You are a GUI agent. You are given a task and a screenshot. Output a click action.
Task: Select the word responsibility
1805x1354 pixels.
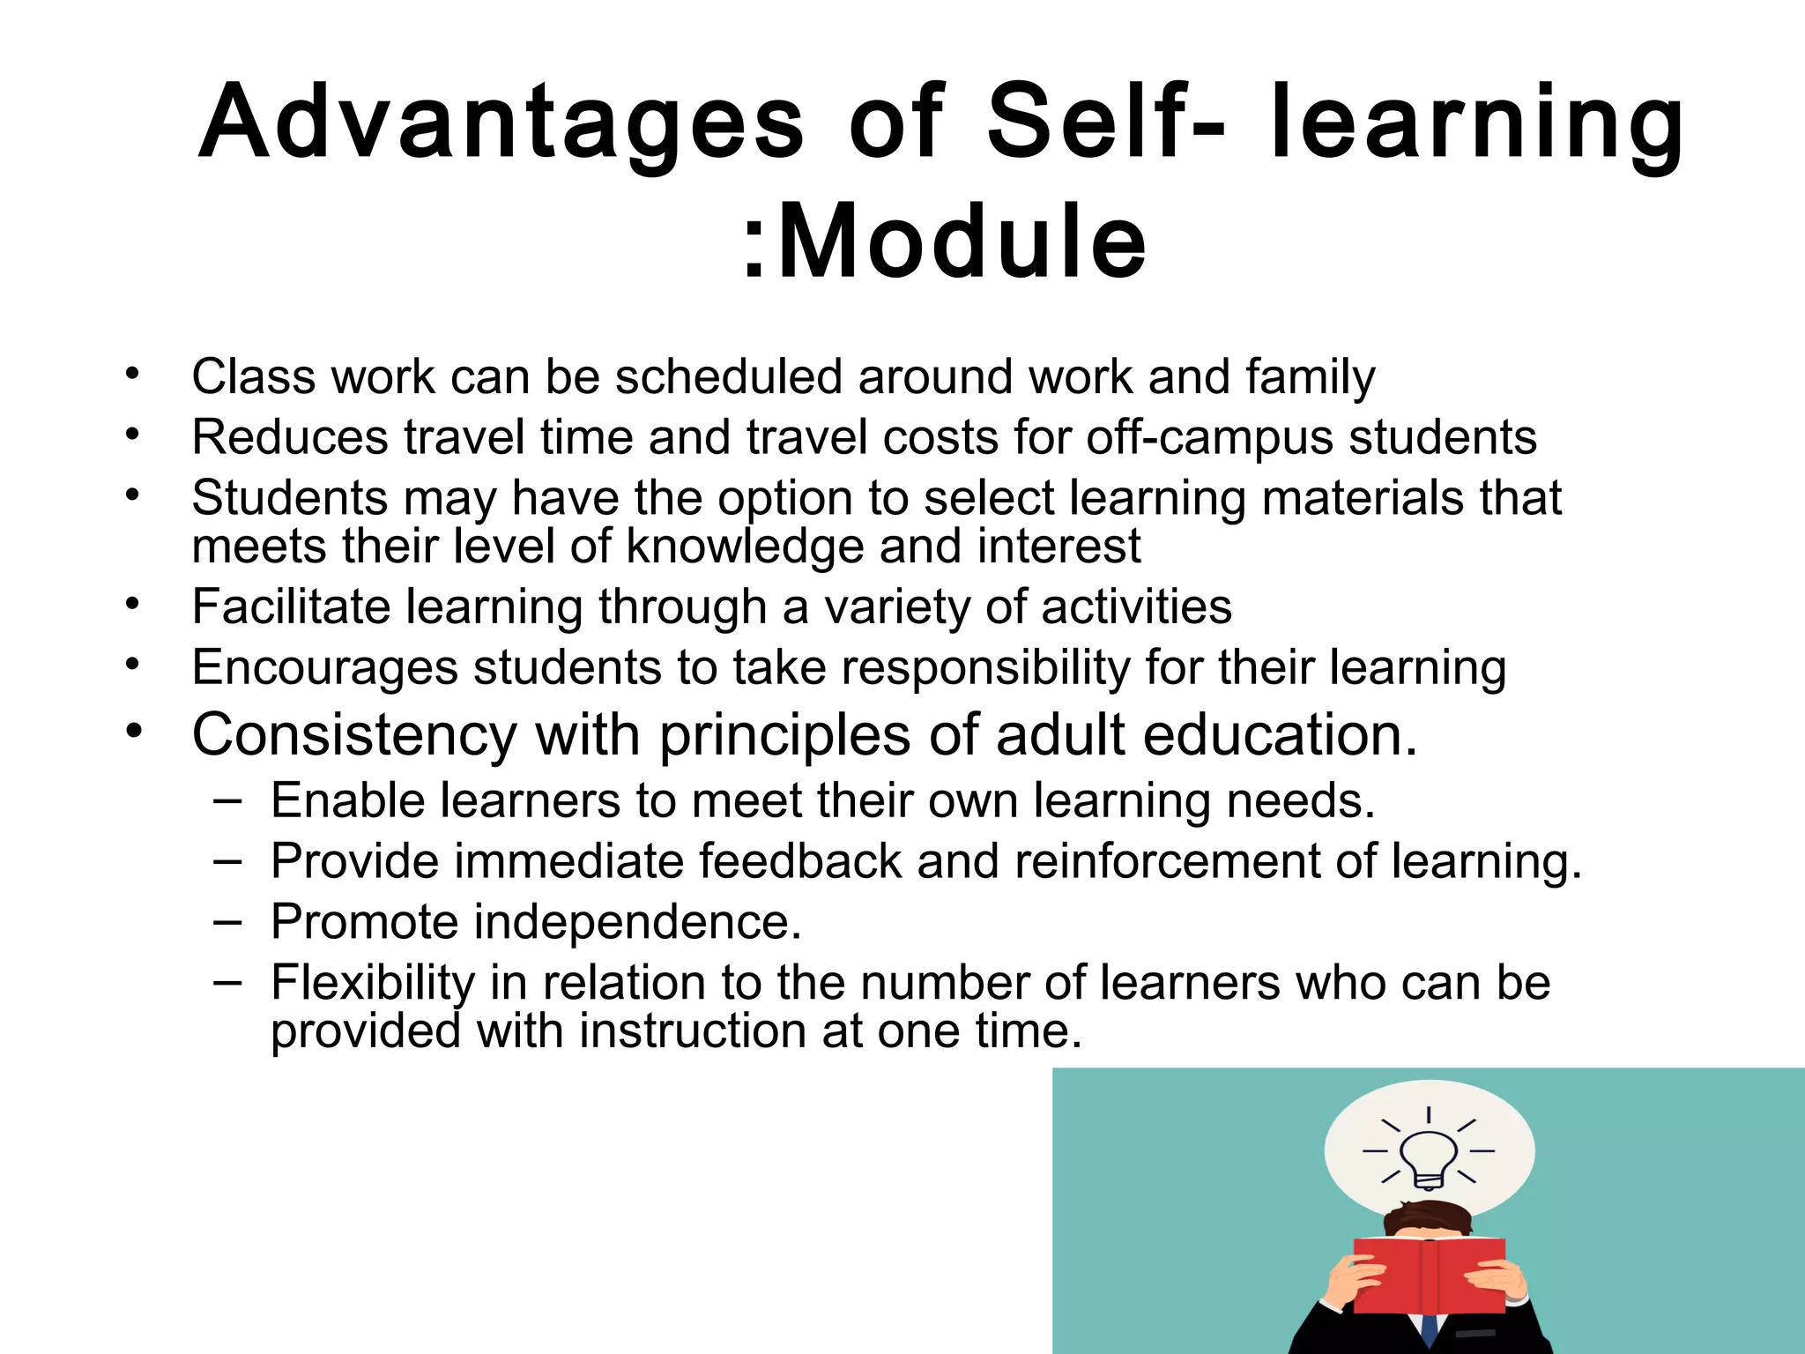pos(985,668)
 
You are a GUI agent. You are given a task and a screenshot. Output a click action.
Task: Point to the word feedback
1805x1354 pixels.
pos(800,861)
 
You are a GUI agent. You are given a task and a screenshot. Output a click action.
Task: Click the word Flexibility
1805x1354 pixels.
pos(373,983)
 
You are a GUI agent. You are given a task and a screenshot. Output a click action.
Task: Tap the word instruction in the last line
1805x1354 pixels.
pos(692,1031)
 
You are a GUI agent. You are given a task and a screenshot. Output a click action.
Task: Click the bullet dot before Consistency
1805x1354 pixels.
pos(133,731)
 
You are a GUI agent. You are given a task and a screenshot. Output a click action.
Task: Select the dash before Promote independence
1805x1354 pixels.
pos(227,922)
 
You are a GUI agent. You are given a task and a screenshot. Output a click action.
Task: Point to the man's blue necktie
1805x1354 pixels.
pos(1430,1332)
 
